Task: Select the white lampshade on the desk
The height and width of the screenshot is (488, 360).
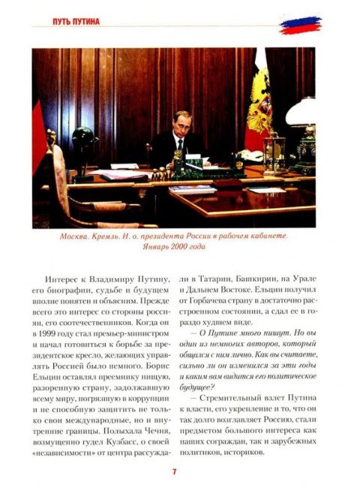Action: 301,111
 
